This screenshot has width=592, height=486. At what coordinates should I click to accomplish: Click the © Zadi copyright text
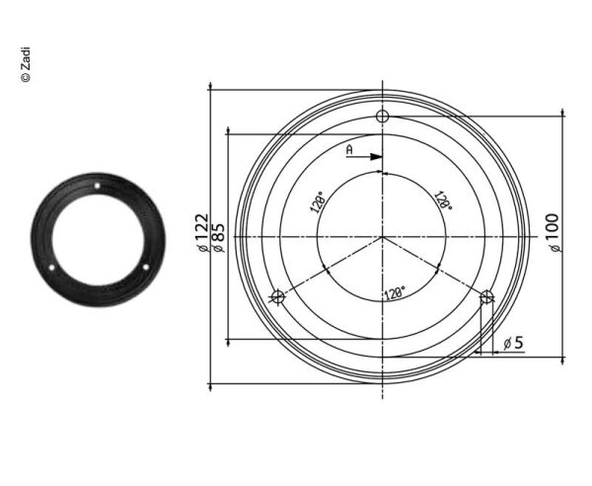[x=26, y=64]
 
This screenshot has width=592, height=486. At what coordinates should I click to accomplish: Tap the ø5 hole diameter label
[x=513, y=343]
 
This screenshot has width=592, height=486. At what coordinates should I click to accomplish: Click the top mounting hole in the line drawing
[x=383, y=118]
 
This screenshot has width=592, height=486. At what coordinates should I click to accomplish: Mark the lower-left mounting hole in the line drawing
[x=278, y=296]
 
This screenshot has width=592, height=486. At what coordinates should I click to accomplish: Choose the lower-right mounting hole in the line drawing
[x=485, y=296]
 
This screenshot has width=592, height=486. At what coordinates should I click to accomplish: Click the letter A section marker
[x=348, y=149]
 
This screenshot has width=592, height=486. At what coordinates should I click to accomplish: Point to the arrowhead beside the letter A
[x=377, y=156]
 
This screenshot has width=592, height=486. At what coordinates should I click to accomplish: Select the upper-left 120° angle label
[x=318, y=203]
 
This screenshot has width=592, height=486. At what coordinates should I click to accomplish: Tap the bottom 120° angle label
[x=395, y=293]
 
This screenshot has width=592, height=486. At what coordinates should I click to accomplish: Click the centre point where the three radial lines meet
[x=383, y=237]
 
